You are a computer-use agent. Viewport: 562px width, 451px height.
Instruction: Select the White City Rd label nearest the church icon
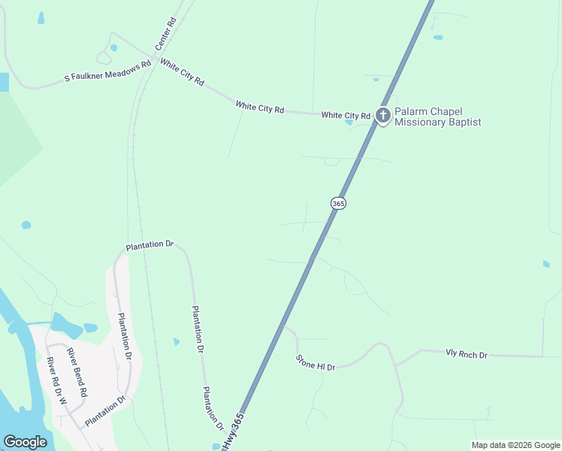click(346, 116)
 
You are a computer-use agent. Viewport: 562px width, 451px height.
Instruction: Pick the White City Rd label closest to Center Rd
click(182, 74)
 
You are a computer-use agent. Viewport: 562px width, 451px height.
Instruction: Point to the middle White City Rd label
click(259, 107)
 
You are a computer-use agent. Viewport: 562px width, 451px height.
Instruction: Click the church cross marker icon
click(382, 115)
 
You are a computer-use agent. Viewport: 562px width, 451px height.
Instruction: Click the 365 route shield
click(338, 204)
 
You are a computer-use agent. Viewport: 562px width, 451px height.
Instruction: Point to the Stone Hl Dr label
click(315, 362)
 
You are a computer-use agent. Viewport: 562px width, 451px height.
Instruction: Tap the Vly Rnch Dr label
click(466, 354)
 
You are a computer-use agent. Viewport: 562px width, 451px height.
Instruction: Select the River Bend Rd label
click(77, 373)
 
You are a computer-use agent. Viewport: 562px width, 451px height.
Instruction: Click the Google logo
click(25, 442)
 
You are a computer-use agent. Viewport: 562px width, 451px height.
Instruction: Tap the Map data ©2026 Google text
click(515, 445)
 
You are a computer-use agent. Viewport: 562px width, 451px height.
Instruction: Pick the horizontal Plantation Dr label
click(150, 245)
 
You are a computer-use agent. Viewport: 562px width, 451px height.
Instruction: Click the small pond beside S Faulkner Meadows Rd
click(113, 47)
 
